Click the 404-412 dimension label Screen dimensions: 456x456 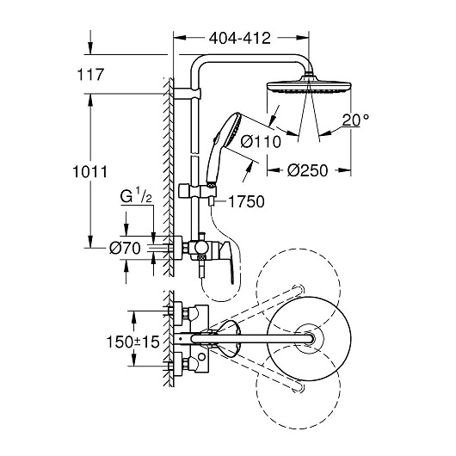(240, 38)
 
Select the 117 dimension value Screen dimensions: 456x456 (90, 75)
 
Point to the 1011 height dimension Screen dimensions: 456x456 (89, 171)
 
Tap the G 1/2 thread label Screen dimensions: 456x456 (136, 197)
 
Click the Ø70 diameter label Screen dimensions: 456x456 (125, 248)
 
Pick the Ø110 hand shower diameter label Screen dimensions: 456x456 (261, 142)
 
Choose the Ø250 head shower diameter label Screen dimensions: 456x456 (307, 170)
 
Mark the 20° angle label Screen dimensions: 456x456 (355, 120)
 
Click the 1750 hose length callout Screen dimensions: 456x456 (246, 201)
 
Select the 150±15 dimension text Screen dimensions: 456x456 (133, 342)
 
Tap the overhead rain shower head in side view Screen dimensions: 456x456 (309, 86)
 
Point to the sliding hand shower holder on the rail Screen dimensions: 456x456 (198, 191)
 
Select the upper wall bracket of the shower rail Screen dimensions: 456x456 (188, 93)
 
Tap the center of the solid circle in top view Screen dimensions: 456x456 (309, 339)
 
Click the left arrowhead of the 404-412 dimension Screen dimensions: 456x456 (180, 38)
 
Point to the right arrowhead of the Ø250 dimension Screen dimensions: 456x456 (345, 170)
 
